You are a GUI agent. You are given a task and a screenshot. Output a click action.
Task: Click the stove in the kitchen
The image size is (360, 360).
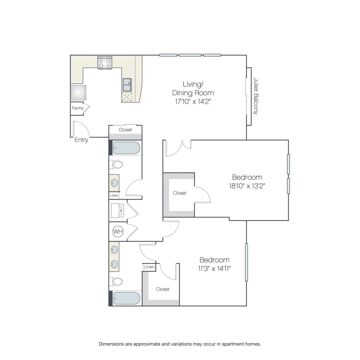(105, 63)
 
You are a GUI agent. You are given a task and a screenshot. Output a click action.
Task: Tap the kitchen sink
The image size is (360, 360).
(127, 85)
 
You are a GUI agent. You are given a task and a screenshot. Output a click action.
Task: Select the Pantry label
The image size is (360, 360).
(78, 108)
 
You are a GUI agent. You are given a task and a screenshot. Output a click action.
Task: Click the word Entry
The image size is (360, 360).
(81, 140)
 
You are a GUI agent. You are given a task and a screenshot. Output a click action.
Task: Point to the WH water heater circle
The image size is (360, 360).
(118, 231)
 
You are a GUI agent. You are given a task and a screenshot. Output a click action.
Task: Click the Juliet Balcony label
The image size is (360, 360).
(256, 96)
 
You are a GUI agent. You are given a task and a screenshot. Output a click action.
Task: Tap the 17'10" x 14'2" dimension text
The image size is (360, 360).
(193, 102)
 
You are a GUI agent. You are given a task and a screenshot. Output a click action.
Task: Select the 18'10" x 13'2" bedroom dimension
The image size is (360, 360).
(247, 186)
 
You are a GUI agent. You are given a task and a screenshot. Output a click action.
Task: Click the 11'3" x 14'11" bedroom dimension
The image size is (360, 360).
(214, 268)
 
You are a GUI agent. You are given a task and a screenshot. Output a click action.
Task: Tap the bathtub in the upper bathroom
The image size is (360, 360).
(126, 148)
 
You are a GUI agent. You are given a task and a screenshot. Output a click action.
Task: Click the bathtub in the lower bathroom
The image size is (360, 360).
(126, 298)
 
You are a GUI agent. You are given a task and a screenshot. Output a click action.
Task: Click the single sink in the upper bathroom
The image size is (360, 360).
(114, 183)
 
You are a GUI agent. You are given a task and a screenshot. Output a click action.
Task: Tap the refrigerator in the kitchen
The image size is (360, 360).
(78, 92)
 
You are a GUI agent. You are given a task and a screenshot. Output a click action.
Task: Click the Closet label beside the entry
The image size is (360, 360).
(125, 130)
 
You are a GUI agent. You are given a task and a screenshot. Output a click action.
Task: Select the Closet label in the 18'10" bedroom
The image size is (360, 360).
(180, 193)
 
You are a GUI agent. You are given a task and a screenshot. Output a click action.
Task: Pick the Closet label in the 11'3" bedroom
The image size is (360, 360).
(163, 289)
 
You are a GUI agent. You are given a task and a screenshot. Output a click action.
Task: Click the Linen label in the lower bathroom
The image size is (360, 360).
(149, 267)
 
